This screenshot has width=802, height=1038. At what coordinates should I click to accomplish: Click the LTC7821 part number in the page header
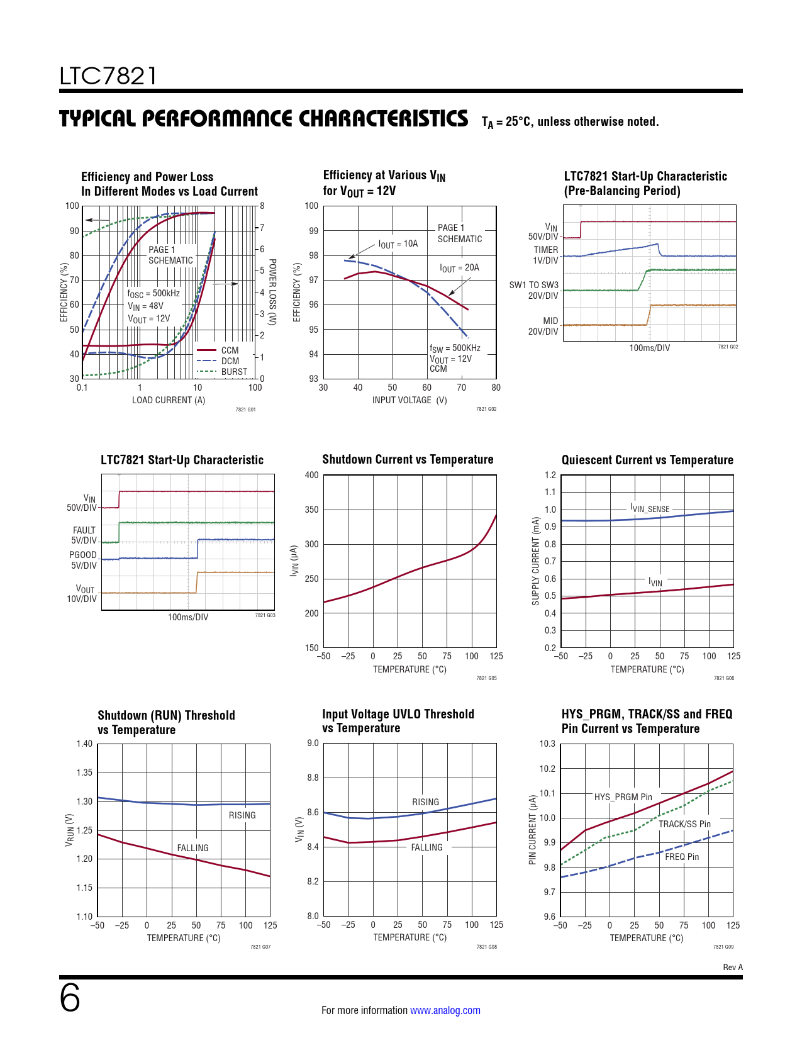pyautogui.click(x=108, y=76)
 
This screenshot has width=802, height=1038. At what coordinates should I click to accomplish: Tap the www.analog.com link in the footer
pyautogui.click(x=445, y=1010)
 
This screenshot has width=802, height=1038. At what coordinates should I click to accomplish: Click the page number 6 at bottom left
pyautogui.click(x=70, y=998)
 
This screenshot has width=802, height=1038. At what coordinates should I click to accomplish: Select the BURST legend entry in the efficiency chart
pyautogui.click(x=234, y=372)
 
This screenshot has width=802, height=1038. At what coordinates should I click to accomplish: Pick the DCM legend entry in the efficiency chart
pyautogui.click(x=230, y=361)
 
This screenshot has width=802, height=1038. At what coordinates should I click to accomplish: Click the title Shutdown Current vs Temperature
pyautogui.click(x=408, y=459)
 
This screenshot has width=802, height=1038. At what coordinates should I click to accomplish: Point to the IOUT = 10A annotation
pyautogui.click(x=398, y=244)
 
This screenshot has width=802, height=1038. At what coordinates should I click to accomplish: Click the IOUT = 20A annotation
pyautogui.click(x=459, y=268)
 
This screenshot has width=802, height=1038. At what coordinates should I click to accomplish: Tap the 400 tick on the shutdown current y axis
pyautogui.click(x=312, y=475)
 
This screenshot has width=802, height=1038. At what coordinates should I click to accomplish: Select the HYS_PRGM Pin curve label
pyautogui.click(x=623, y=797)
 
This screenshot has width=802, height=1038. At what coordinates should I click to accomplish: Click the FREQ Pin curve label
pyautogui.click(x=682, y=857)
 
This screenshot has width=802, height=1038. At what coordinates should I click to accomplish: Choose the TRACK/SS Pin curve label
pyautogui.click(x=684, y=824)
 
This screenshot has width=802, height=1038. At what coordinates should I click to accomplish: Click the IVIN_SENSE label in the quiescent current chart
pyautogui.click(x=650, y=508)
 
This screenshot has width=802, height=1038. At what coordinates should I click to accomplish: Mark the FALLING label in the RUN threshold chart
pyautogui.click(x=192, y=848)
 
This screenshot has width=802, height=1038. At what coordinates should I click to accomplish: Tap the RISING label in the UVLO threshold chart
pyautogui.click(x=425, y=802)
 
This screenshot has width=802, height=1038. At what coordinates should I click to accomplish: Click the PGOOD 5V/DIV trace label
pyautogui.click(x=83, y=560)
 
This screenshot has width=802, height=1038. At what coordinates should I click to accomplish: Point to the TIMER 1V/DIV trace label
pyautogui.click(x=545, y=255)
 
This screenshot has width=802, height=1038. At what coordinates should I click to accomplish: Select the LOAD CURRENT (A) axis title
pyautogui.click(x=169, y=400)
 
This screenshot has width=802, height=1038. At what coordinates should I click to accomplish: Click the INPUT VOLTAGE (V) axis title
pyautogui.click(x=409, y=400)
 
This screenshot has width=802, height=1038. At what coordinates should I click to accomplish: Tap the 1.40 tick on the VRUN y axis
pyautogui.click(x=84, y=744)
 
